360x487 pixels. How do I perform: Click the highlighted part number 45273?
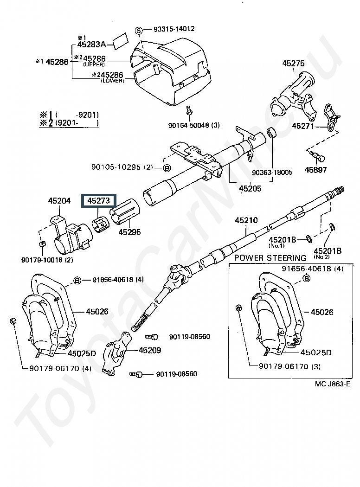[x=98, y=201]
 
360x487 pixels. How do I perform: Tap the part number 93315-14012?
[x=174, y=29]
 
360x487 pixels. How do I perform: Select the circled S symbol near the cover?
[x=139, y=31]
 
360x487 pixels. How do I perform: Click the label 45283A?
[x=92, y=45]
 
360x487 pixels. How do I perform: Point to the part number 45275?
[x=293, y=64]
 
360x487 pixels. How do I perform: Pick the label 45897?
[x=315, y=170]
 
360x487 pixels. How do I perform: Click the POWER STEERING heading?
[x=270, y=258]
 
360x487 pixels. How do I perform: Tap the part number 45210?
[x=246, y=220]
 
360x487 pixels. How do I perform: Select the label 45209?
[x=150, y=350]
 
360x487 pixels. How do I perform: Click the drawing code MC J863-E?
[x=332, y=384]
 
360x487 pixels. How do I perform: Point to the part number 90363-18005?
[x=272, y=173]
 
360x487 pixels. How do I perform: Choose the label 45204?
[x=59, y=201]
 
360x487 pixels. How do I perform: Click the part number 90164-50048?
[x=189, y=125]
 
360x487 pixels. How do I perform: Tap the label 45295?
[x=129, y=232]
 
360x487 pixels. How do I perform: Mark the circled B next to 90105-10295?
[x=167, y=168]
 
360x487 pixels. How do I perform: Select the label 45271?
[x=303, y=126]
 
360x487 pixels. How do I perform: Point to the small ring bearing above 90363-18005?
[x=271, y=133]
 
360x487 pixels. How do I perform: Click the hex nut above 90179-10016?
[x=43, y=243]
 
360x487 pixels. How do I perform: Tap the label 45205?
[x=250, y=188]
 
